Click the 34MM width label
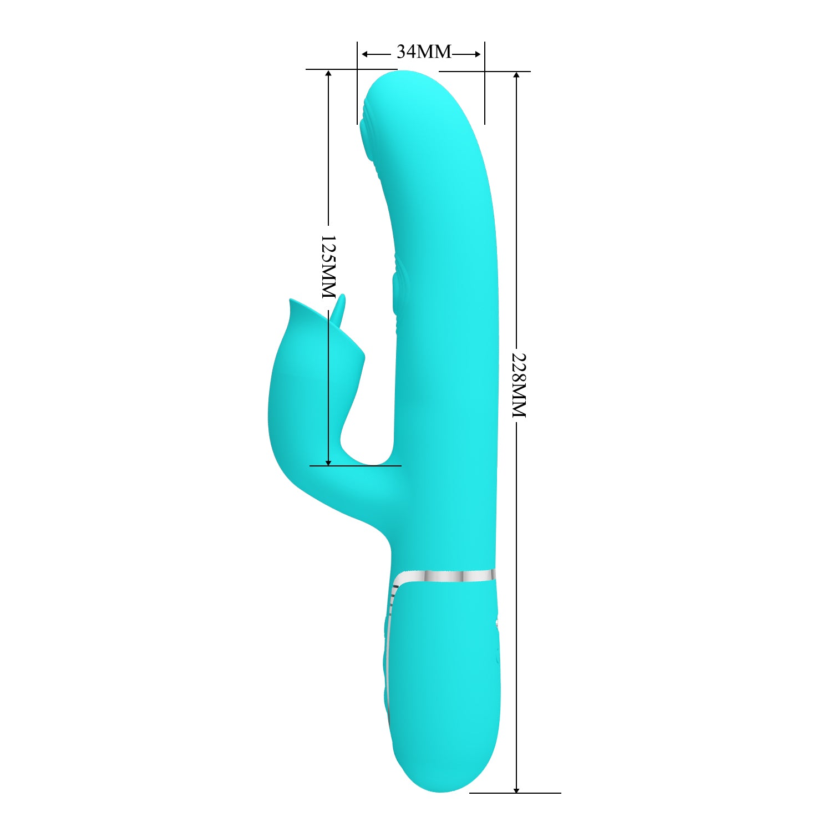click(424, 52)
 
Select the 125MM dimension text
click(328, 267)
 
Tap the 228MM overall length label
click(518, 385)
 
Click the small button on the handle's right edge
click(497, 625)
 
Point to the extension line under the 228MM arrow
click(515, 793)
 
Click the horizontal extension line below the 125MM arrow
click(355, 466)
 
